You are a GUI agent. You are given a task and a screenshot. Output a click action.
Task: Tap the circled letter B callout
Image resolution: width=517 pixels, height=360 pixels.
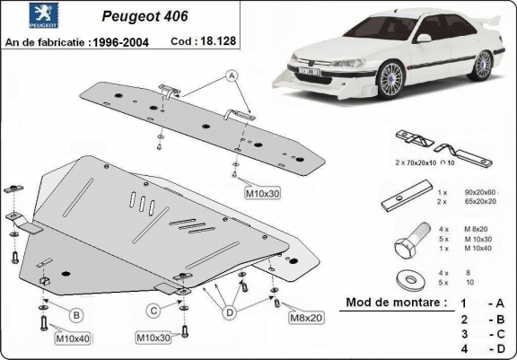pyautogui.click(x=76, y=315)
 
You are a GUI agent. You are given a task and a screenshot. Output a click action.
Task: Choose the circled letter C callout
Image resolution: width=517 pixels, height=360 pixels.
pyautogui.click(x=154, y=312)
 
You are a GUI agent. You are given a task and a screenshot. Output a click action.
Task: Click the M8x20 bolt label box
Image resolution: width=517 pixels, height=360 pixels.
pyautogui.click(x=307, y=317)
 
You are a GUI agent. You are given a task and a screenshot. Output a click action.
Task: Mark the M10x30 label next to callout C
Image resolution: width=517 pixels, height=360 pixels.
pyautogui.click(x=154, y=338)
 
